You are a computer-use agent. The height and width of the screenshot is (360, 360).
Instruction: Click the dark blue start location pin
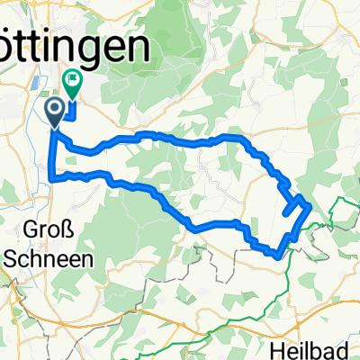(x=54, y=112)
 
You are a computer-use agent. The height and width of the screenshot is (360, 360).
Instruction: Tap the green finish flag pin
(x=71, y=84)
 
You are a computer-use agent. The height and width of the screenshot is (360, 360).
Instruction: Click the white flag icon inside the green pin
(x=71, y=80)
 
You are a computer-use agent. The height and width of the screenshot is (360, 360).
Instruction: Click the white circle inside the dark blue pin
(x=54, y=109)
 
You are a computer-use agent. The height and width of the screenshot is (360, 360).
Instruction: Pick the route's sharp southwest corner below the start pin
(x=54, y=178)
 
